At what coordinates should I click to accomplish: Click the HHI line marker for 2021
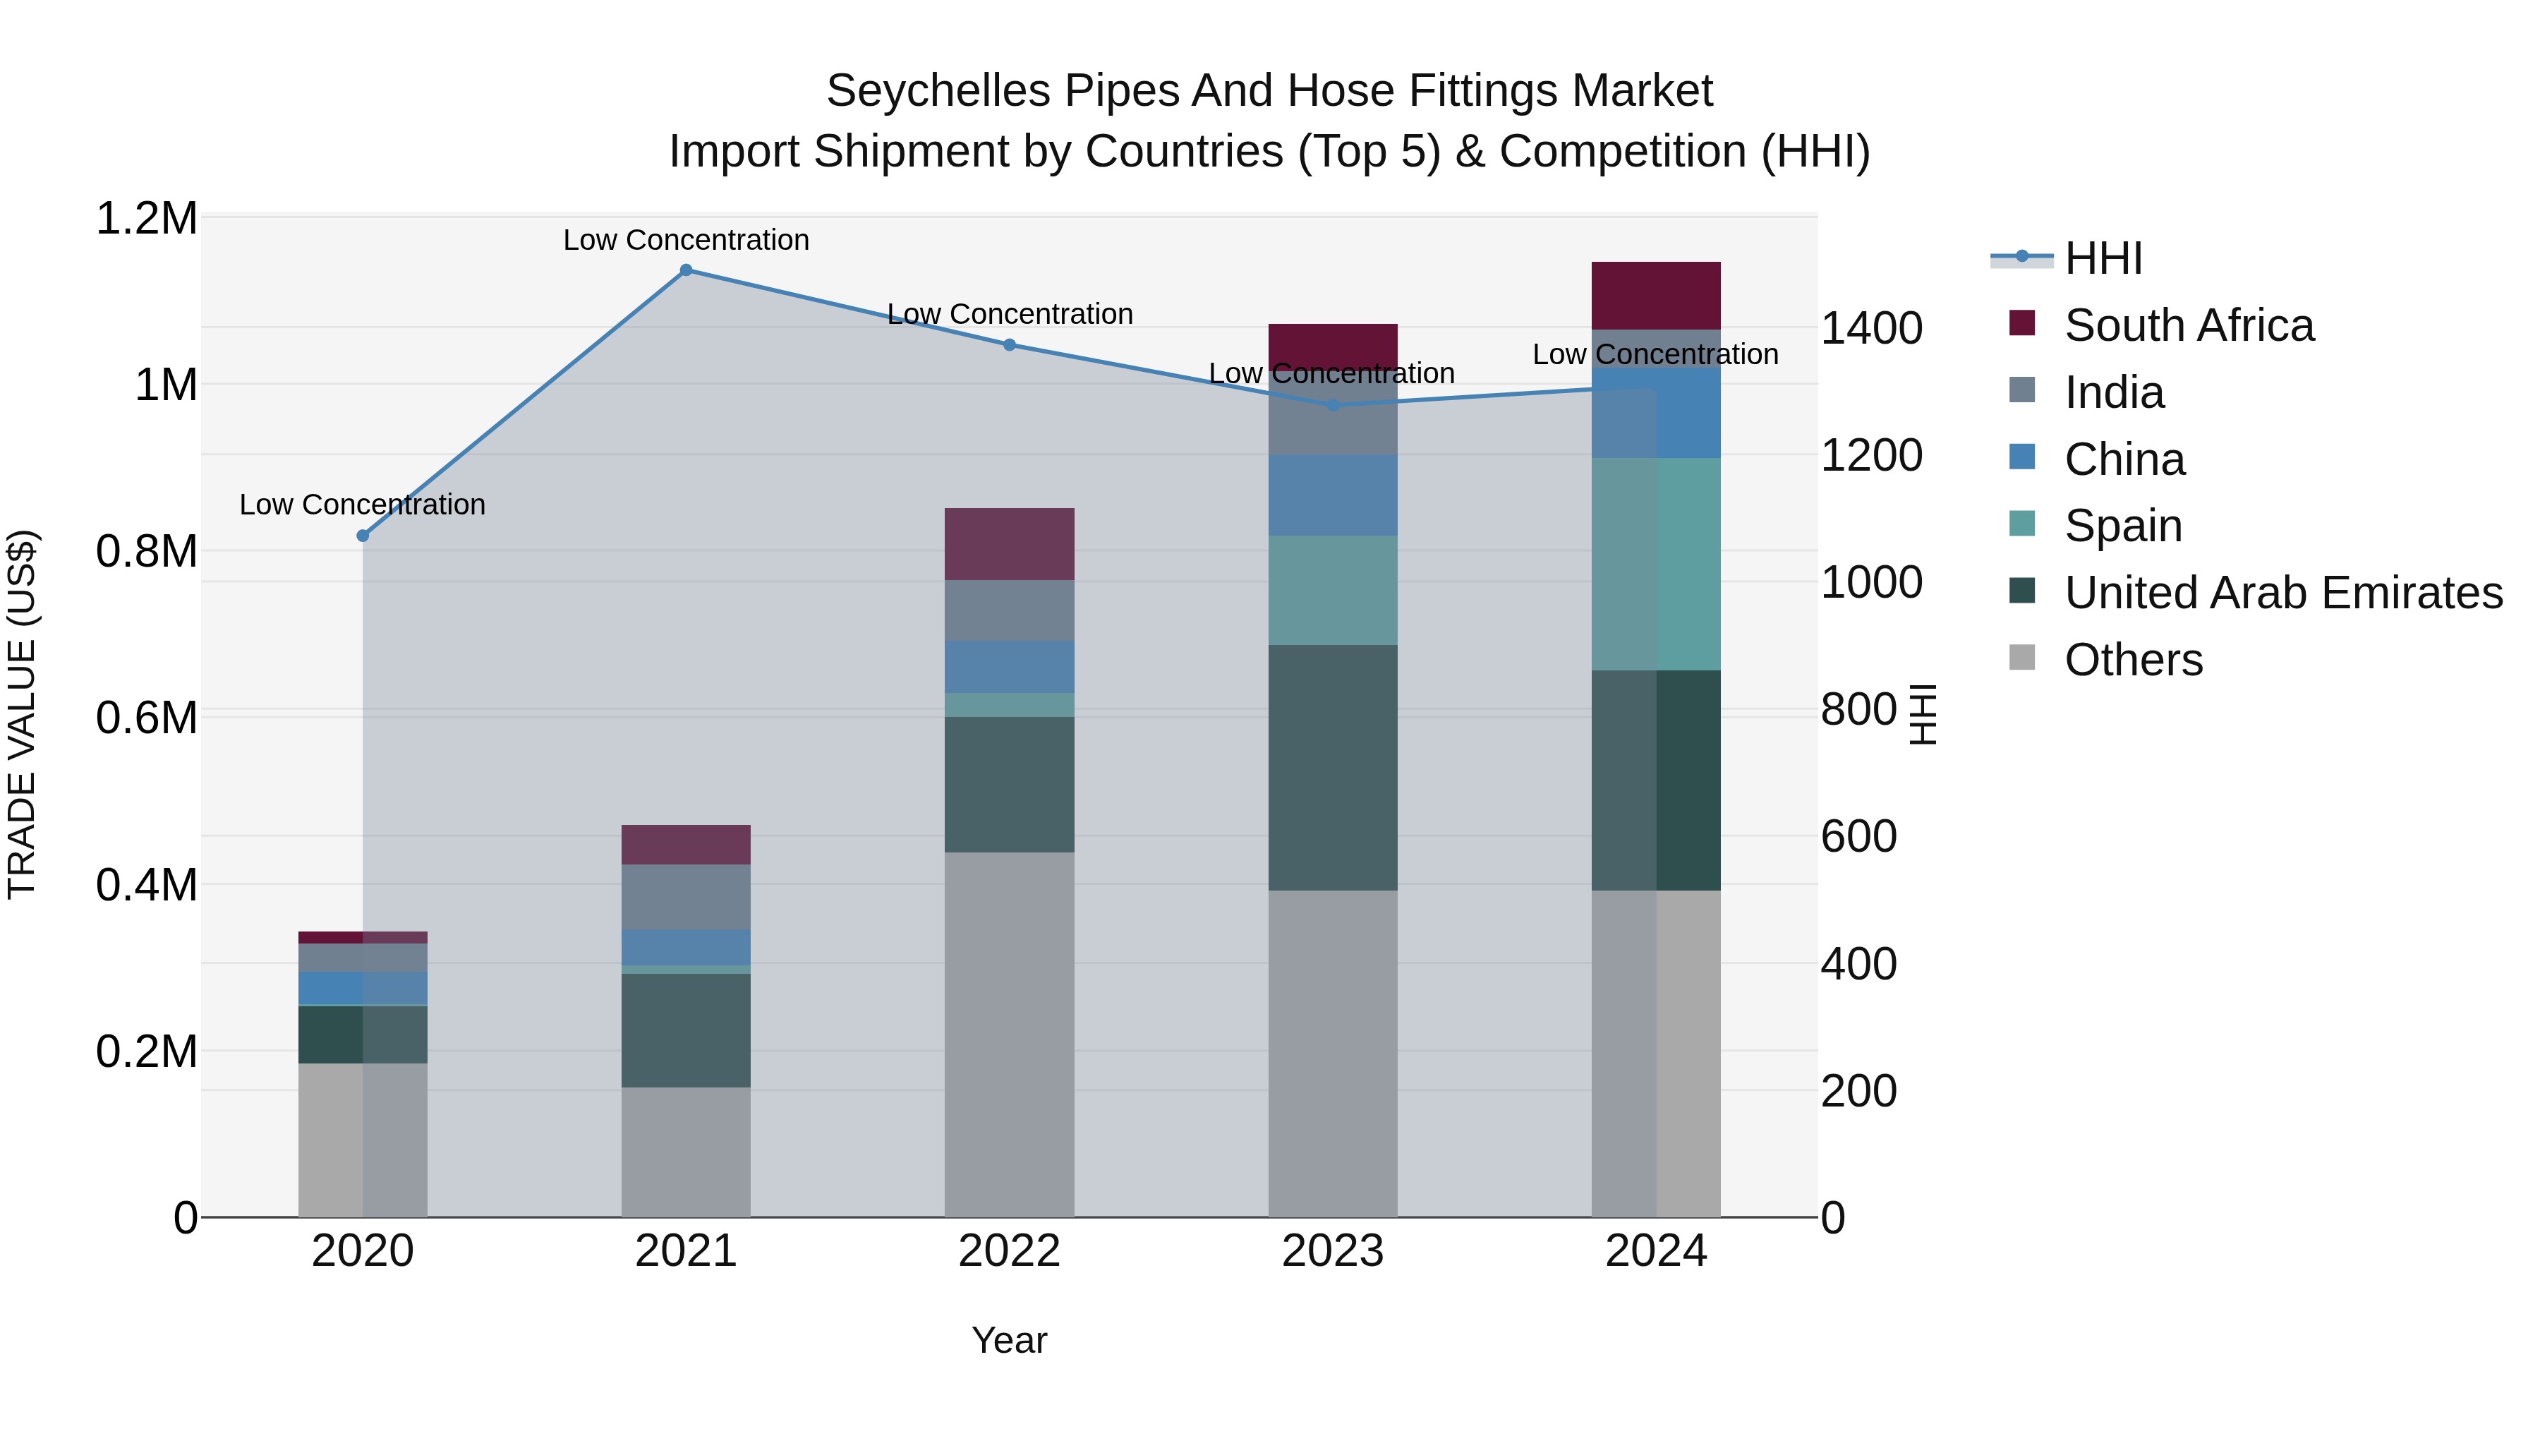687,270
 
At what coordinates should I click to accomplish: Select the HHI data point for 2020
363,536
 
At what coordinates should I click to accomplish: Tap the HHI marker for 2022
1010,345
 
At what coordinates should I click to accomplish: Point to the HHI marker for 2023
1333,404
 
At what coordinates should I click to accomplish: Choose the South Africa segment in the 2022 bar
1010,544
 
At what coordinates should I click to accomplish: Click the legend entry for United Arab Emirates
2282,593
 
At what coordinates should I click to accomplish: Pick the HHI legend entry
2103,258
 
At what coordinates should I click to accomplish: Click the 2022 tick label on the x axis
1010,1251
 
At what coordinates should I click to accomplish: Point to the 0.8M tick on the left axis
147,551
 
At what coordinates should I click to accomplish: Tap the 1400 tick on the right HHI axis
1870,328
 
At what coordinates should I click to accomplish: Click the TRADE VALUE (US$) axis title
22,714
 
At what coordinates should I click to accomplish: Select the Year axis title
1010,1340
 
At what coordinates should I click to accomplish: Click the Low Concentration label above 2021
687,240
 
